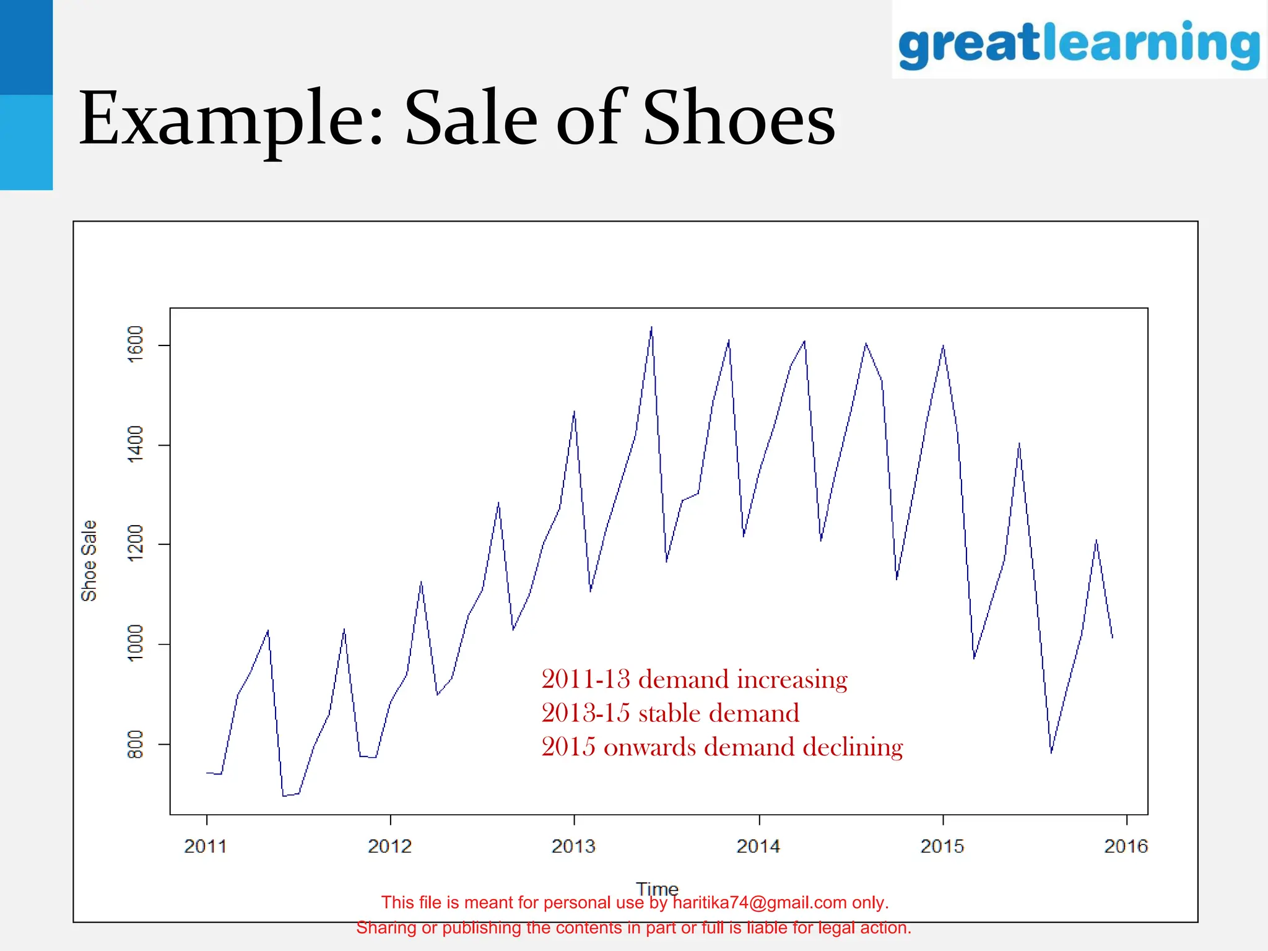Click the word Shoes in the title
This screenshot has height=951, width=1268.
click(x=739, y=118)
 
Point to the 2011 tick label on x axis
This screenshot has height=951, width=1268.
click(x=206, y=846)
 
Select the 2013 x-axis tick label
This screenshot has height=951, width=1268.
click(x=573, y=846)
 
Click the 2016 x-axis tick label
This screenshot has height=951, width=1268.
click(x=1126, y=846)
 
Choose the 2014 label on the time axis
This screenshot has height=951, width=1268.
click(x=758, y=846)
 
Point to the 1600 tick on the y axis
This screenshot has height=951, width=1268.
click(x=135, y=344)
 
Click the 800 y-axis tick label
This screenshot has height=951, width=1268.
click(x=135, y=744)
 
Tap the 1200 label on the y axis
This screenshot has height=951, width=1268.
click(x=135, y=544)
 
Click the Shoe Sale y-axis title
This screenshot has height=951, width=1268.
click(x=89, y=560)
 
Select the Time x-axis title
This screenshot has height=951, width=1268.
click(x=657, y=888)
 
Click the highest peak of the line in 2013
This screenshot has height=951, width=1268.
click(x=651, y=327)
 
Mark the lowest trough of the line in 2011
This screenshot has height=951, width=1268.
click(x=284, y=796)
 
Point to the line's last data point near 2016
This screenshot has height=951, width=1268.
click(x=1113, y=637)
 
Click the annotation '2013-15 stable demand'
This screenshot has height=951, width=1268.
click(x=670, y=713)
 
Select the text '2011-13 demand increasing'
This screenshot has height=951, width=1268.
click(x=694, y=679)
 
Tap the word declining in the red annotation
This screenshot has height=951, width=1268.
click(x=853, y=747)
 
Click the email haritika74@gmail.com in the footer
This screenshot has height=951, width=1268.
click(x=759, y=903)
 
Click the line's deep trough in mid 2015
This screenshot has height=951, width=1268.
click(x=1051, y=752)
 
